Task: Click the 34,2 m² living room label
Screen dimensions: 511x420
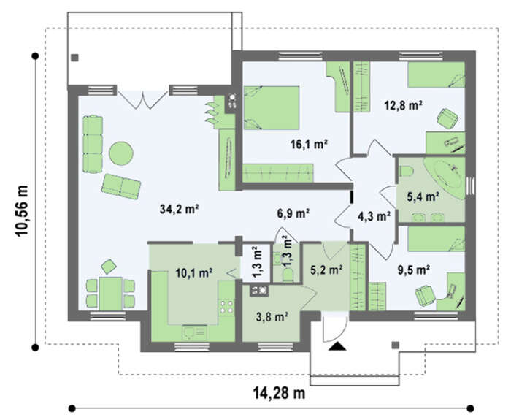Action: pos(180,209)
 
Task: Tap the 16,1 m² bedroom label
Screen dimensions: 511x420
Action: pos(309,144)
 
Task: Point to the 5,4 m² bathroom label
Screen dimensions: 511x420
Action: pos(423,196)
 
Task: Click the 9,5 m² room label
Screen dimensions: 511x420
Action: pos(413,270)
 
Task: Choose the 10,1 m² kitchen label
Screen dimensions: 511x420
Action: pos(194,272)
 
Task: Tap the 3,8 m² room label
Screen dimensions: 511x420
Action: pos(272,316)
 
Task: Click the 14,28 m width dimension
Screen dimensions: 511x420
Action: pos(280,393)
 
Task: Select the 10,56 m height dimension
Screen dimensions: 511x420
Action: pos(21,210)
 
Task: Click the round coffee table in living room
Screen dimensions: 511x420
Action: pos(121,153)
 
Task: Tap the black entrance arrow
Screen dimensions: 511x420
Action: pos(337,346)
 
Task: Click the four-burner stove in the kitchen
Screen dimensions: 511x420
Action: pos(226,307)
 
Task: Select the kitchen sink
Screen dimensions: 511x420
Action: pos(194,333)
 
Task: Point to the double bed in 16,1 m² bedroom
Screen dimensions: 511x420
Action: pos(271,108)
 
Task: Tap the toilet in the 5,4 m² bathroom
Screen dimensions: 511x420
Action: pos(406,171)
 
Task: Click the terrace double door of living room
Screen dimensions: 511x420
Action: pos(142,99)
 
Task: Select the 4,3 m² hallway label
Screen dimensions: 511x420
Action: pos(374,216)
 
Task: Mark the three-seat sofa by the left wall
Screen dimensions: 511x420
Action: pos(93,144)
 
